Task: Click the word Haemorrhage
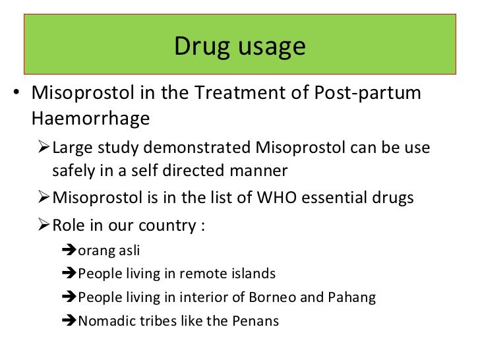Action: click(x=90, y=118)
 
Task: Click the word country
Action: click(x=166, y=225)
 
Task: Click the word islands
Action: click(x=254, y=274)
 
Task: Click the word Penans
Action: click(x=255, y=321)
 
